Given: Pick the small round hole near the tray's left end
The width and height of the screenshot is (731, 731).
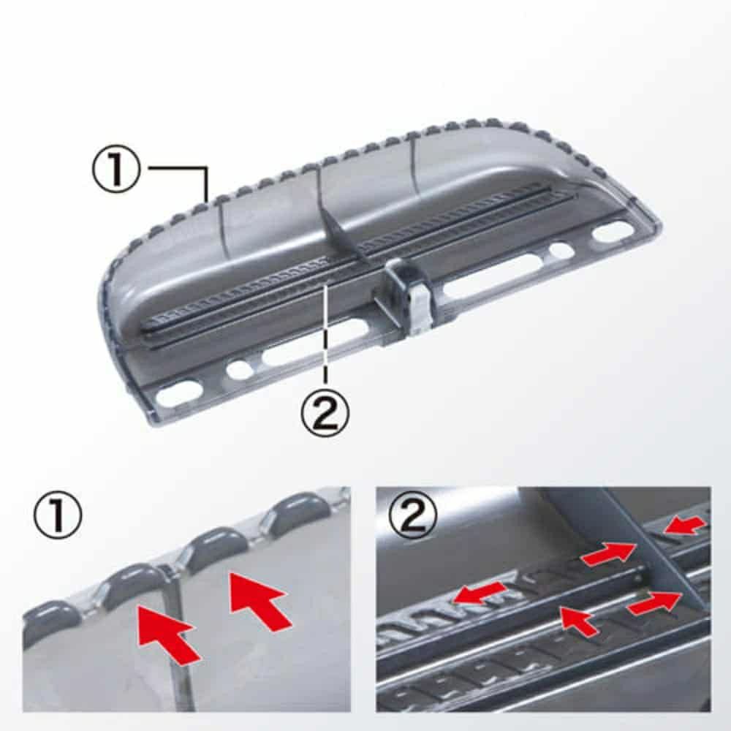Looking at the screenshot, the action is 240,370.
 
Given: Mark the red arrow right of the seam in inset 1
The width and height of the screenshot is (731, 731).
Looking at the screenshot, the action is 258,599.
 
